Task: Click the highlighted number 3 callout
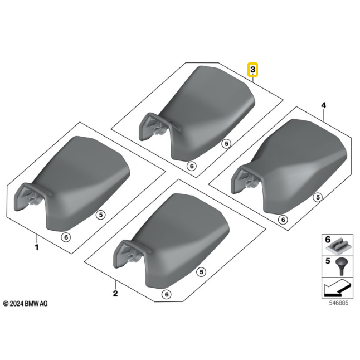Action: (x=252, y=70)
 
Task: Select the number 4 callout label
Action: (x=323, y=105)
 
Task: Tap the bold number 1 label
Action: (x=37, y=247)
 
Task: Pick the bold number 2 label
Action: (x=115, y=293)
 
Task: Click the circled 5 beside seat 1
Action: (x=100, y=215)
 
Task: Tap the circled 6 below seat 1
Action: (x=66, y=237)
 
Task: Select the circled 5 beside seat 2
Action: (x=201, y=272)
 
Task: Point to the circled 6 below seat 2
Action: (x=167, y=294)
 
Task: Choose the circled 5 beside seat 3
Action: (x=226, y=144)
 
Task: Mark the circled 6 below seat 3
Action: (x=192, y=166)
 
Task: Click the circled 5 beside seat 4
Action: (x=318, y=197)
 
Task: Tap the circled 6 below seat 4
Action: (x=283, y=220)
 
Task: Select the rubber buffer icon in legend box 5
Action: (x=342, y=266)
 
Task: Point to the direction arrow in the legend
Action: (x=337, y=288)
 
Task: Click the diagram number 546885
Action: (x=339, y=303)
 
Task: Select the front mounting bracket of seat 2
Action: (x=129, y=254)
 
